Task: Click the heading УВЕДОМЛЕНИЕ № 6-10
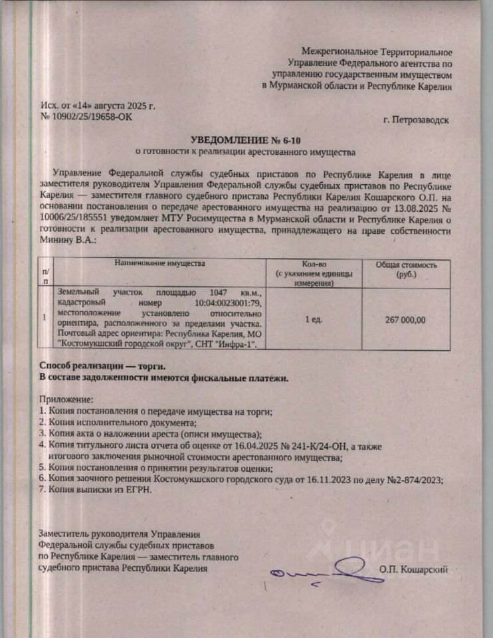coord(246,140)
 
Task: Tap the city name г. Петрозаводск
coord(417,120)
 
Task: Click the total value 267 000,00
coord(405,320)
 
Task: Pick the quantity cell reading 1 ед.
coord(314,320)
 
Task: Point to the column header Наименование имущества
coord(160,264)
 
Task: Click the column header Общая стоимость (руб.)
coord(407,269)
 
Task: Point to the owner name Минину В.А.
coord(69,241)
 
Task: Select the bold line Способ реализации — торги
coord(101,366)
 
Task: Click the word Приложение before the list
coord(66,400)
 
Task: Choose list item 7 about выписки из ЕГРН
coord(96,490)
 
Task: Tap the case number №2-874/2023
coord(411,479)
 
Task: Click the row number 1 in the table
coord(45,317)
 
